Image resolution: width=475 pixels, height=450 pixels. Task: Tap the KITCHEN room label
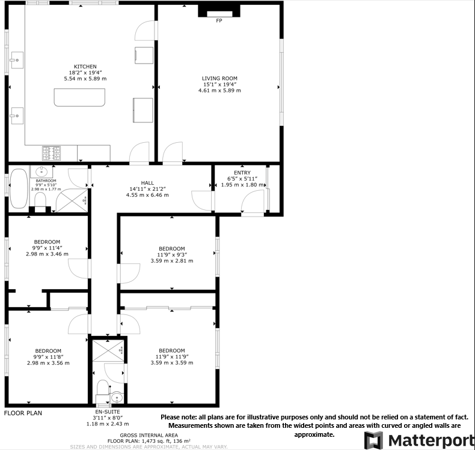pos(85,67)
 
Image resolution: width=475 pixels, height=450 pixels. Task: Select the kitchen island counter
pos(79,98)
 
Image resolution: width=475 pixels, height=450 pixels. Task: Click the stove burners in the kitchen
pos(51,153)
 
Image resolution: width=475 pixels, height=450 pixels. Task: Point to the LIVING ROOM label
pos(219,78)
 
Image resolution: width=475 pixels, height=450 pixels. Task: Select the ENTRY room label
pos(242,173)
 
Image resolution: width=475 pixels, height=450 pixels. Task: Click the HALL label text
pos(147,183)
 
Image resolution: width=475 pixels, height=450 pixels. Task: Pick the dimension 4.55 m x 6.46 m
pos(147,195)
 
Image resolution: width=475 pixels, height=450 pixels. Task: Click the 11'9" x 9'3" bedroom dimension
pos(171,255)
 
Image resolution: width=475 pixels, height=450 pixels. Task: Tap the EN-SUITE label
pos(109,412)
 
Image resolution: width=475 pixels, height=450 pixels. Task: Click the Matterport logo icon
pos(374,440)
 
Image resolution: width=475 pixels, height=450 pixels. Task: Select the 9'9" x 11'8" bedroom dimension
pos(47,357)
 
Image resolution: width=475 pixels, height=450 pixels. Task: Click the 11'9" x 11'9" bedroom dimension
pos(171,357)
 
